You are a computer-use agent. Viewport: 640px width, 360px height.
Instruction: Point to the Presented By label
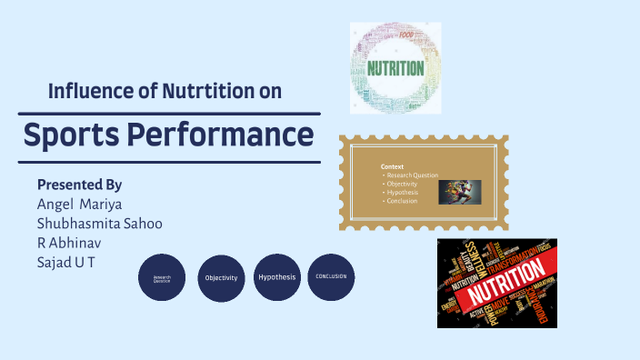(x=79, y=184)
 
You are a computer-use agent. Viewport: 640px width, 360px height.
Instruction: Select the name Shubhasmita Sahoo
(x=99, y=224)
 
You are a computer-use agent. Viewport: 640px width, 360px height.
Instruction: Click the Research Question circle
(x=162, y=278)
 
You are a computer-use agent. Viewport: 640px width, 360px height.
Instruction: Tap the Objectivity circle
(x=221, y=277)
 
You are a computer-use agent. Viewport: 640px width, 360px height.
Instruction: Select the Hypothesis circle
(x=276, y=276)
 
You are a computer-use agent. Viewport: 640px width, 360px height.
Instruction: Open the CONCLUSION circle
(x=331, y=276)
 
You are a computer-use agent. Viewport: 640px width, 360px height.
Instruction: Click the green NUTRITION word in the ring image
(x=395, y=68)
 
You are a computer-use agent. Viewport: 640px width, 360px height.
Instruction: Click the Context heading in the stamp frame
(x=392, y=166)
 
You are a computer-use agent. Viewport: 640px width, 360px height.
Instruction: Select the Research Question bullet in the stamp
(x=412, y=175)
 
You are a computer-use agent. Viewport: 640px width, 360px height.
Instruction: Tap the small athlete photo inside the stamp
(x=459, y=192)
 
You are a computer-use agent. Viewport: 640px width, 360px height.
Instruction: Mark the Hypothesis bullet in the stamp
(x=402, y=192)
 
